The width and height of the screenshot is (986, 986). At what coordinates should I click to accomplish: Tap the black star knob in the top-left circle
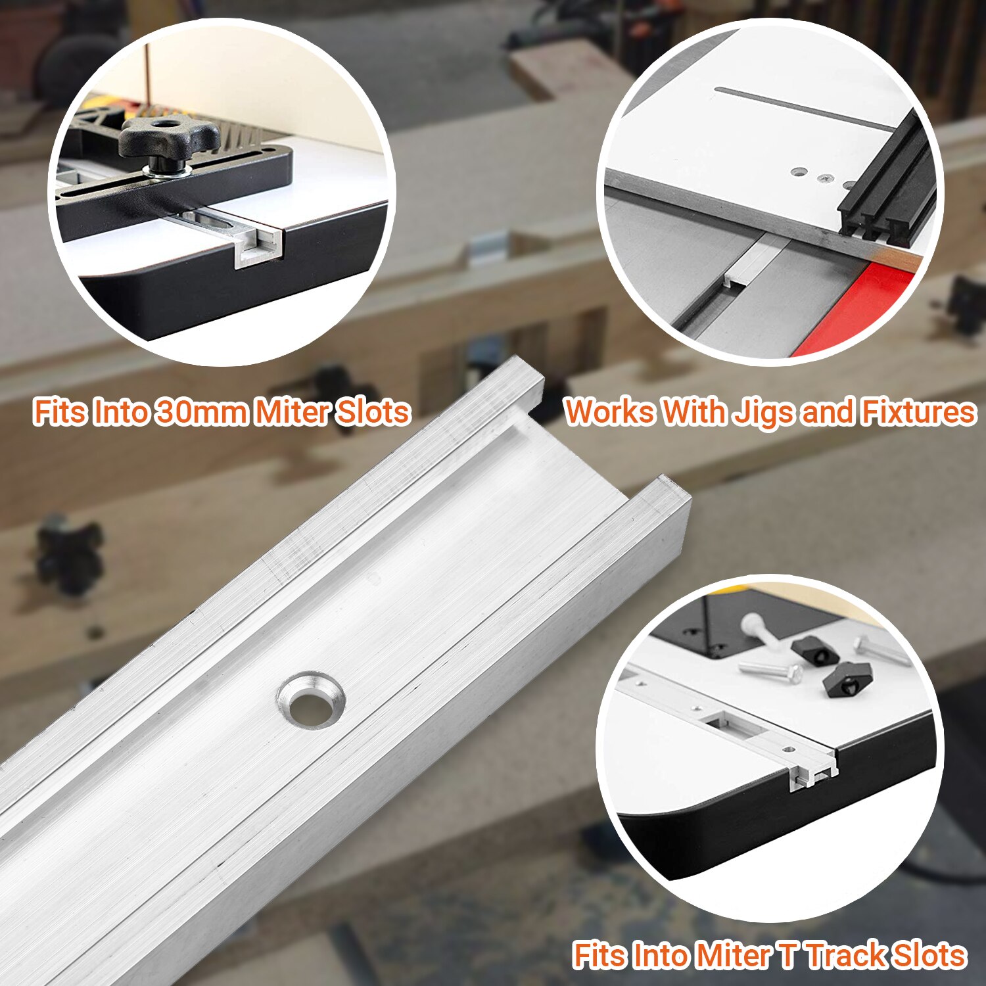[169, 137]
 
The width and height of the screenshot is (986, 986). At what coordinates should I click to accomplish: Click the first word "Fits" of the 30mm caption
[60, 412]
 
